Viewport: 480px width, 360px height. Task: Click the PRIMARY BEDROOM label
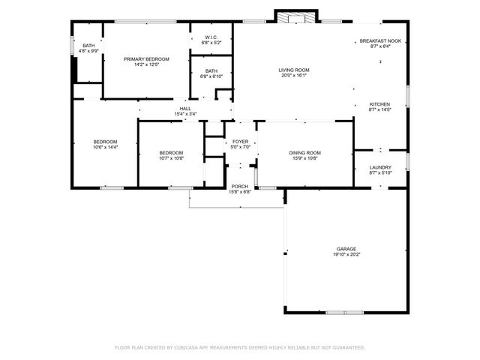[146, 58]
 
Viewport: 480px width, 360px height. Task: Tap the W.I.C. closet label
[211, 38]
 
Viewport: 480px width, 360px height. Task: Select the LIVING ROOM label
[294, 70]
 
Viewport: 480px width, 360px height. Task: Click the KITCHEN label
[379, 104]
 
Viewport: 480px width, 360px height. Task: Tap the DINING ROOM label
[304, 153]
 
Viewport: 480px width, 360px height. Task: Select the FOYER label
[241, 141]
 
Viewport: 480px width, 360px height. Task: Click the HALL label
[184, 109]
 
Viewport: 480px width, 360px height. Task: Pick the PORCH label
[239, 186]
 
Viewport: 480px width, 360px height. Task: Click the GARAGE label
[346, 248]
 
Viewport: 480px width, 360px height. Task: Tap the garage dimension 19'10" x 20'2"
[346, 254]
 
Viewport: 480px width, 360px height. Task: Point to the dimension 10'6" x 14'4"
[105, 148]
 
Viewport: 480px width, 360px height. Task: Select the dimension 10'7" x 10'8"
[170, 158]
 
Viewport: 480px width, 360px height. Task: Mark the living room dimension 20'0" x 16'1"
[294, 76]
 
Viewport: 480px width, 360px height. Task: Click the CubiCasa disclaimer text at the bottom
[239, 348]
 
